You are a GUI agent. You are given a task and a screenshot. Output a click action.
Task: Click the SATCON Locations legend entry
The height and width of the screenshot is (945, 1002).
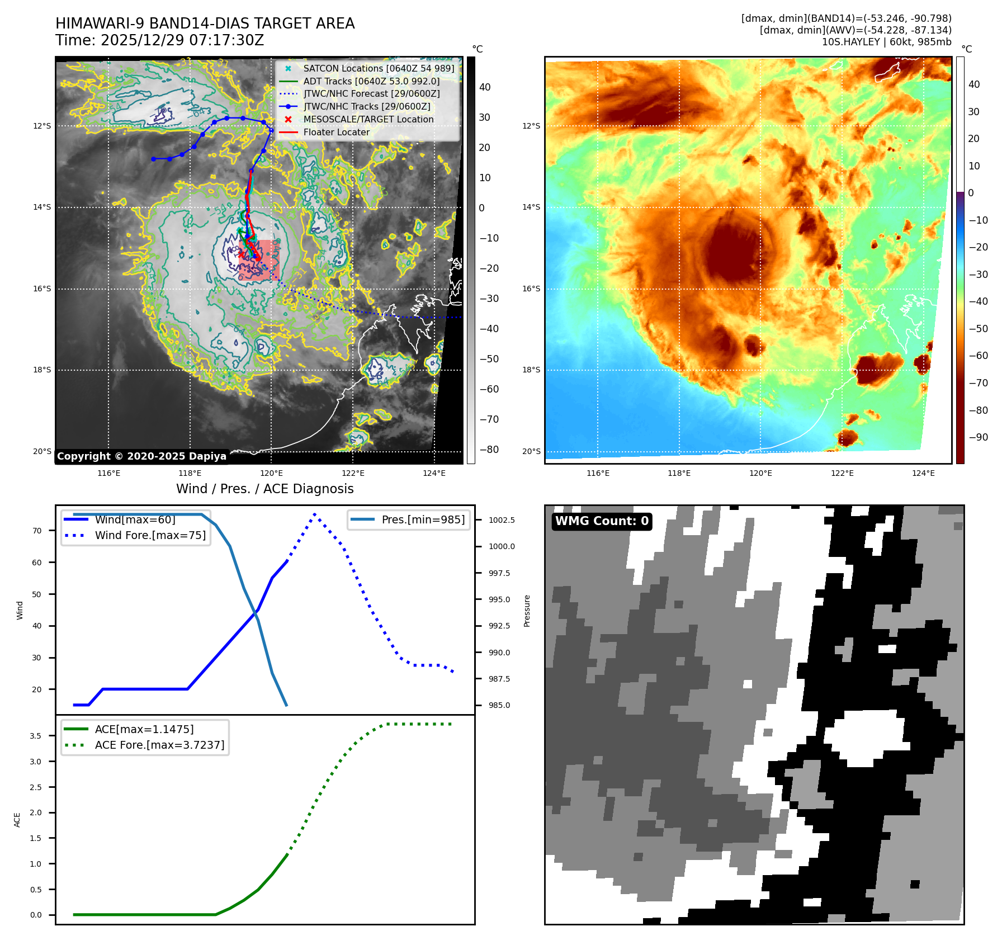pyautogui.click(x=379, y=68)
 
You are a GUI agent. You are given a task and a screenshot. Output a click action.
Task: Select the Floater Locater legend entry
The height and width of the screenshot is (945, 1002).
pyautogui.click(x=336, y=132)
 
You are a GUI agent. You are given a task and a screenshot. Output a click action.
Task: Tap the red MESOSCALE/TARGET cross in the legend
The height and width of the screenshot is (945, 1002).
pyautogui.click(x=288, y=119)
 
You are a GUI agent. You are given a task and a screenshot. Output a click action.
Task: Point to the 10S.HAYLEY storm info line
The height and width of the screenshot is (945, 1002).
pyautogui.click(x=886, y=42)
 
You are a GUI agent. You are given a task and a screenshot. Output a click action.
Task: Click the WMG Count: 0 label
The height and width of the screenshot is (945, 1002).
pyautogui.click(x=602, y=521)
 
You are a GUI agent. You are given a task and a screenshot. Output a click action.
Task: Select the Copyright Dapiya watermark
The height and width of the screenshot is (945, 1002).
pyautogui.click(x=141, y=456)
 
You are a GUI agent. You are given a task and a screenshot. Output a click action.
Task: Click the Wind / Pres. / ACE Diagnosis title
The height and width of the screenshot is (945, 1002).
pyautogui.click(x=264, y=489)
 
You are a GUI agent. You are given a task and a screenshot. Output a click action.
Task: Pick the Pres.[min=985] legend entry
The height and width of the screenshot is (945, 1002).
pyautogui.click(x=423, y=519)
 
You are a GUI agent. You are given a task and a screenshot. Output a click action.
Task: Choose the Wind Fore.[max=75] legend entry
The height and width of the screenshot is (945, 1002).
pyautogui.click(x=150, y=535)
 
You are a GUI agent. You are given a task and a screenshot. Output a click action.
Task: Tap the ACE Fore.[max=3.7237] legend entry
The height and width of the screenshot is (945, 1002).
pyautogui.click(x=159, y=745)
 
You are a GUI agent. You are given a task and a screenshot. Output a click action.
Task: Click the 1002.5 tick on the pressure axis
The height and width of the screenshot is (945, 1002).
pyautogui.click(x=502, y=520)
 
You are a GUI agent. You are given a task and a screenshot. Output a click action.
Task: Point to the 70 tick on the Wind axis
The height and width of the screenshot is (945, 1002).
pyautogui.click(x=37, y=531)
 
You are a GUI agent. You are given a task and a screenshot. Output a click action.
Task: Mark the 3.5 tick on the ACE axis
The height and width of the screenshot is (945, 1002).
pyautogui.click(x=36, y=736)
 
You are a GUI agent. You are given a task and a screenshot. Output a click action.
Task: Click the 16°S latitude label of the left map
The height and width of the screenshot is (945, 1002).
pyautogui.click(x=42, y=289)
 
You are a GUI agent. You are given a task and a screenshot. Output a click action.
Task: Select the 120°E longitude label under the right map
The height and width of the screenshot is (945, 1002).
pyautogui.click(x=760, y=473)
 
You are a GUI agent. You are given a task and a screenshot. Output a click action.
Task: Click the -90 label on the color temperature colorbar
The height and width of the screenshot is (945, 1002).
pyautogui.click(x=978, y=437)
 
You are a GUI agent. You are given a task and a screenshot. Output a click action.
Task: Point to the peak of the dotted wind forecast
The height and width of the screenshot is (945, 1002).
pyautogui.click(x=315, y=514)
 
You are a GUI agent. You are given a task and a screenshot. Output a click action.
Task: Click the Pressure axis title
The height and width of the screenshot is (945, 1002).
pyautogui.click(x=527, y=611)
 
